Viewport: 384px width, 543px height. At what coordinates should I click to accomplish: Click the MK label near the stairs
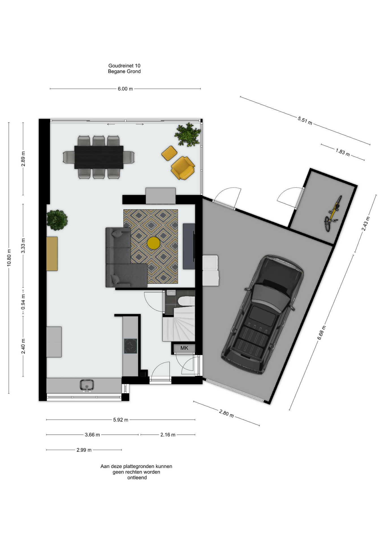pyautogui.click(x=184, y=348)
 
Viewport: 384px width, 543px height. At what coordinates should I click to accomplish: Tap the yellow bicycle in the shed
pyautogui.click(x=333, y=214)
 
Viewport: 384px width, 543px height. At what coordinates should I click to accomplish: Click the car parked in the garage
pyautogui.click(x=262, y=314)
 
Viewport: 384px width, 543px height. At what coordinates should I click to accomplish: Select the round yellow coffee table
pyautogui.click(x=154, y=243)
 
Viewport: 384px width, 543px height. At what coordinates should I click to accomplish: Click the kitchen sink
pyautogui.click(x=87, y=385)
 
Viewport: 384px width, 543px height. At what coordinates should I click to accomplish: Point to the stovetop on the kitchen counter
pyautogui.click(x=130, y=346)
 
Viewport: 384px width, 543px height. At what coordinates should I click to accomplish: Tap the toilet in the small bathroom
pyautogui.click(x=186, y=301)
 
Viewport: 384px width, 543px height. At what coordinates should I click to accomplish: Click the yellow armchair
pyautogui.click(x=183, y=168)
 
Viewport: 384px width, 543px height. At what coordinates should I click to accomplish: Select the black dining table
pyautogui.click(x=99, y=157)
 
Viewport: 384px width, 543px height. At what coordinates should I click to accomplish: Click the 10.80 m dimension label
pyautogui.click(x=9, y=258)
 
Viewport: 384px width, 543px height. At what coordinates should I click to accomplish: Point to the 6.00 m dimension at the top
pyautogui.click(x=125, y=89)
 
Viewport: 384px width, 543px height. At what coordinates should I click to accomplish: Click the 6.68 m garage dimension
pyautogui.click(x=322, y=333)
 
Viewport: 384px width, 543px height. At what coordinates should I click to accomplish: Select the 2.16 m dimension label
pyautogui.click(x=168, y=435)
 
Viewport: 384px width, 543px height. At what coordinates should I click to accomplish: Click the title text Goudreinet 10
pyautogui.click(x=124, y=66)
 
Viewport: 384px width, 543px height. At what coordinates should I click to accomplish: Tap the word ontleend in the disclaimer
pyautogui.click(x=137, y=478)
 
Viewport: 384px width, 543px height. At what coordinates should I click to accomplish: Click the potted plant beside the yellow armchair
pyautogui.click(x=187, y=135)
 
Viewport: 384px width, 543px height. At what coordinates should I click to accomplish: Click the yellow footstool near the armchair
pyautogui.click(x=169, y=153)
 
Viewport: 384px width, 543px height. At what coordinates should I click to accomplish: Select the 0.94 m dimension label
pyautogui.click(x=23, y=302)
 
